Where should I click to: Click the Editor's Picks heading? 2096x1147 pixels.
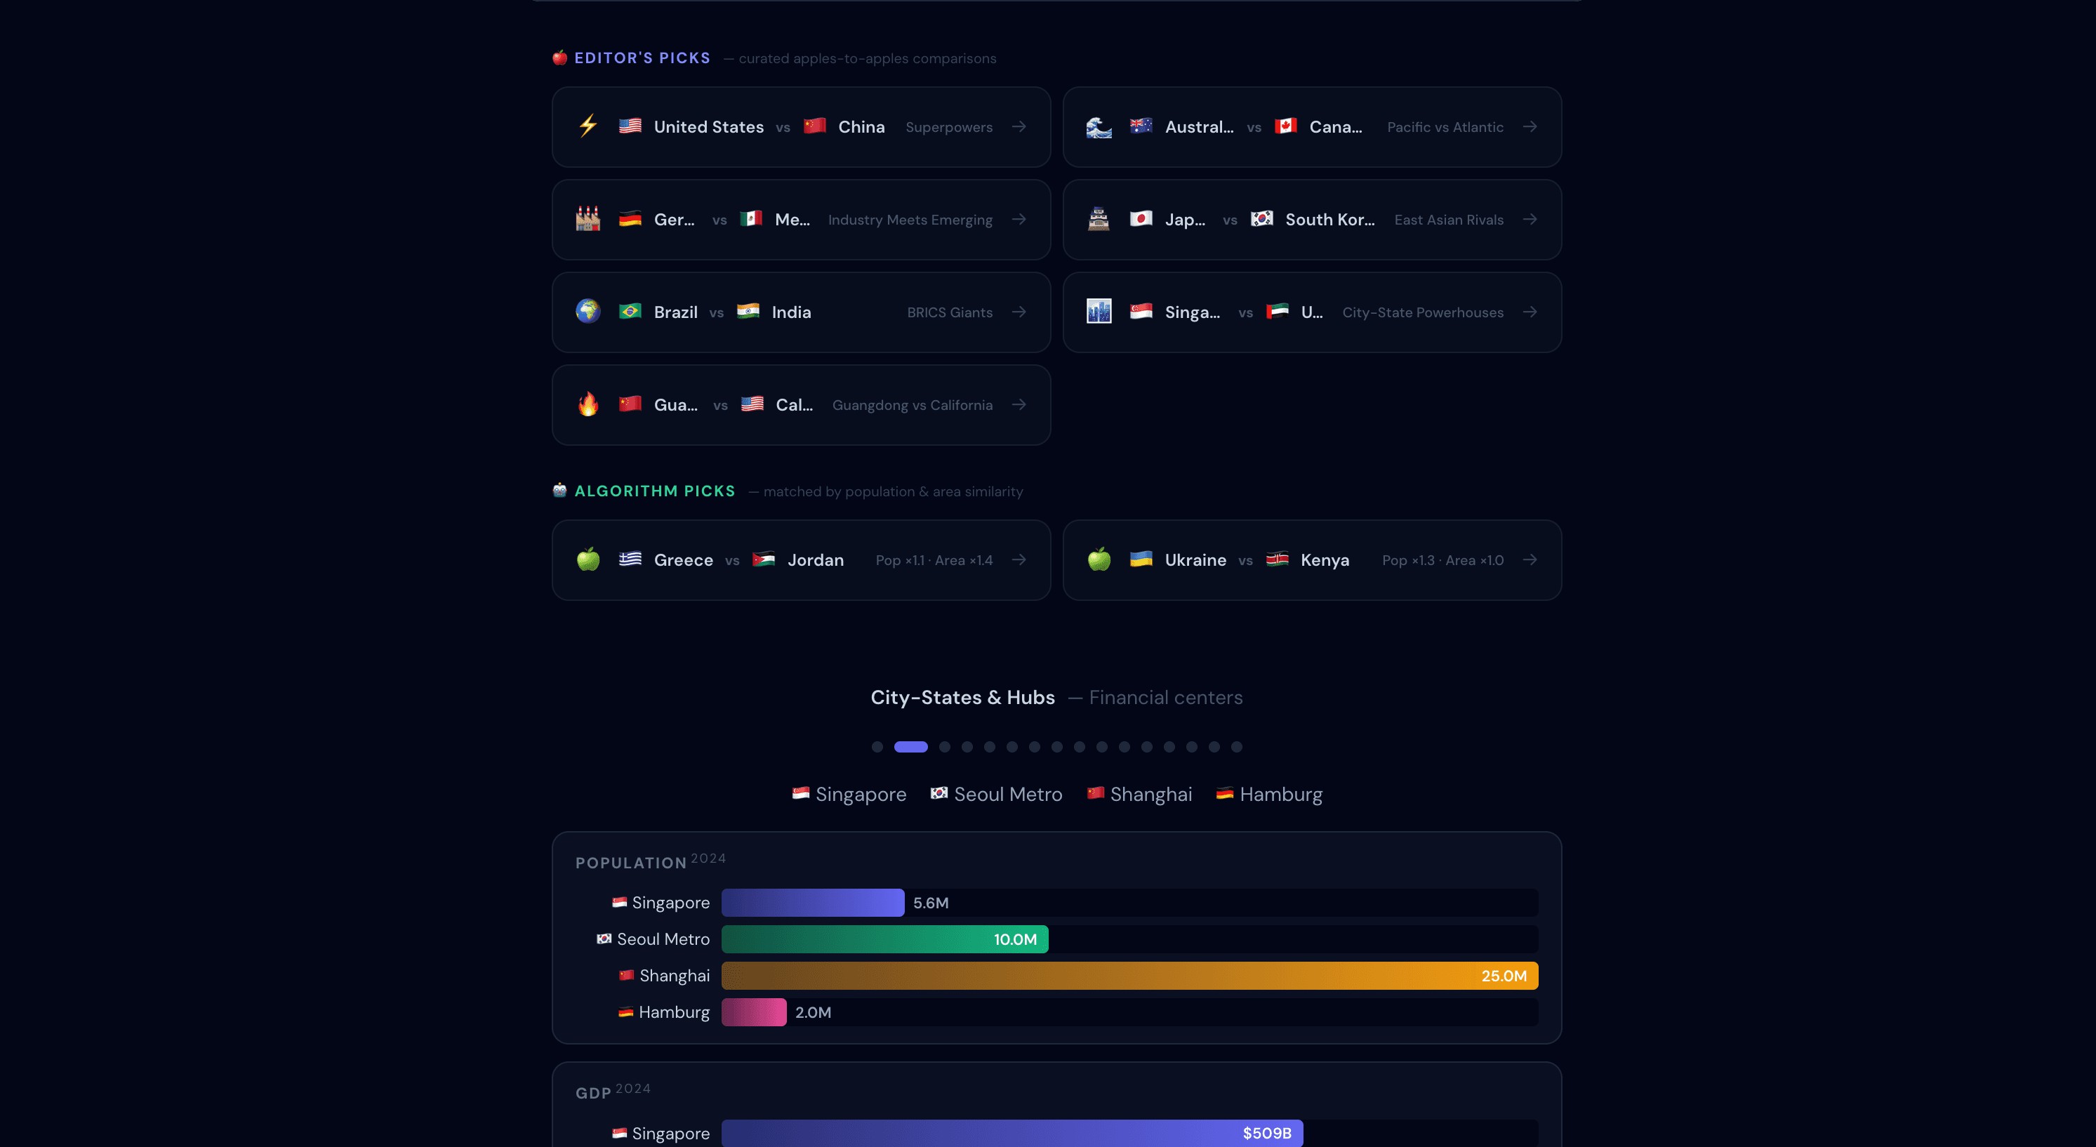[x=642, y=58]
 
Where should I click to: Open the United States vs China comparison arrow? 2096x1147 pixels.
[x=1019, y=127]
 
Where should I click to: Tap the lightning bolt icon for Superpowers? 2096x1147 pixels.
[x=588, y=126]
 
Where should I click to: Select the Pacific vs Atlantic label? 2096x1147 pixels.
[x=1445, y=127]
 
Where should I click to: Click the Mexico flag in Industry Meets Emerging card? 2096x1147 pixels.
[x=751, y=219]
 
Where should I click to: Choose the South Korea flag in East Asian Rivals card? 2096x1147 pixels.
[x=1261, y=219]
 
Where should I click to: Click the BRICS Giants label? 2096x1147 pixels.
[x=949, y=312]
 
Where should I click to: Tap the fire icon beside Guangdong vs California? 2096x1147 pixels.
[x=588, y=404]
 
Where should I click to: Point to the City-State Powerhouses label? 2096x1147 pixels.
[x=1422, y=312]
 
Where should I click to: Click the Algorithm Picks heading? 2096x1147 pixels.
[x=654, y=491]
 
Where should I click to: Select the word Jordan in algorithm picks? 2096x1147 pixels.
[x=815, y=559]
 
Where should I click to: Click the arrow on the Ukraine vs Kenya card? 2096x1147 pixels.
[x=1530, y=559]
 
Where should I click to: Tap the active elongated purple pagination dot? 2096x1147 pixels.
[x=910, y=747]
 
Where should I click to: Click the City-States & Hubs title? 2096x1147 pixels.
[x=962, y=697]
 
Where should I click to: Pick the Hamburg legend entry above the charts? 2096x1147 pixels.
[x=1269, y=794]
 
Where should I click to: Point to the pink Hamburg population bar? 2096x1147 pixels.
[x=753, y=1012]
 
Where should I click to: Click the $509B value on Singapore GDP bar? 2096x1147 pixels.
[x=1266, y=1133]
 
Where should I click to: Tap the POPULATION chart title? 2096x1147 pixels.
[x=630, y=862]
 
